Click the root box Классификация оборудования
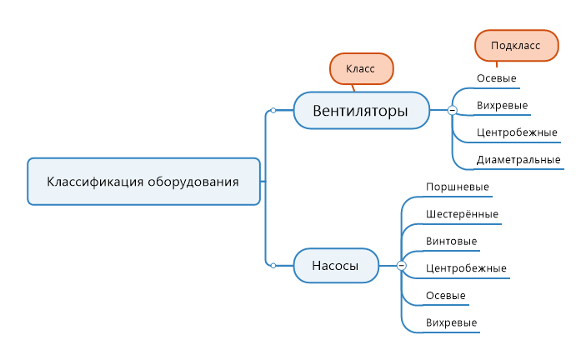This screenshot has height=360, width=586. [144, 182]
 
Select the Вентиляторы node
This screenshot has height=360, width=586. [362, 111]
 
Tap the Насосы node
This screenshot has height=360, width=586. [336, 266]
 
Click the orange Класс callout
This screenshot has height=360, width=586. [362, 68]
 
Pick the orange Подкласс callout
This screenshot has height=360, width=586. [517, 46]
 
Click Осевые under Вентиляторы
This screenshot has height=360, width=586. [497, 78]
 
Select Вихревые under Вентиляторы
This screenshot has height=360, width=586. [503, 105]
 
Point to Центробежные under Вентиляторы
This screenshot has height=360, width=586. [518, 132]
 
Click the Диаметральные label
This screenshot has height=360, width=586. [518, 160]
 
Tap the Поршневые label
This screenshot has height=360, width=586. [458, 187]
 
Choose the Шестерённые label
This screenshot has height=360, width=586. [463, 214]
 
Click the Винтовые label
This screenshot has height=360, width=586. [452, 241]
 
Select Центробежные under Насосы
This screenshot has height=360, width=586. [467, 268]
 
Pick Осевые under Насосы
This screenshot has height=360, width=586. [446, 296]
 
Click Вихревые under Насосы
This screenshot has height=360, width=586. [452, 322]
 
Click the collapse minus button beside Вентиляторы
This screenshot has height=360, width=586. [452, 110]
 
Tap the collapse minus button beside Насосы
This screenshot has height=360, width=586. [402, 266]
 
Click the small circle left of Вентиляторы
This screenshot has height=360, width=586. [273, 111]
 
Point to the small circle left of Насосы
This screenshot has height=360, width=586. [273, 266]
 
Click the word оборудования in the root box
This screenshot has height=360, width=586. [193, 182]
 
